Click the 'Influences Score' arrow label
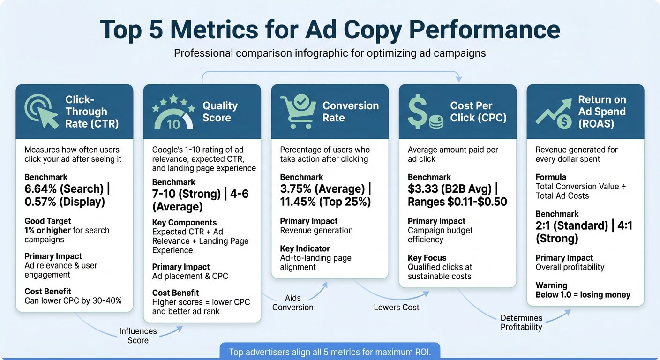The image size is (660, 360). (x=138, y=336)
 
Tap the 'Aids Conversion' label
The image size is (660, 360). (x=293, y=303)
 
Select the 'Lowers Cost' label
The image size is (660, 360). (x=397, y=307)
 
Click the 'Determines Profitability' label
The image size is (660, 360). (x=521, y=322)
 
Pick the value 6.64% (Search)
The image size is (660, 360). (x=64, y=189)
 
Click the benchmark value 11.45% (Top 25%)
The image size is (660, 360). (x=325, y=202)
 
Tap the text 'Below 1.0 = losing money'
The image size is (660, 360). (x=583, y=295)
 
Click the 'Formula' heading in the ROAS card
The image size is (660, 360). (x=551, y=177)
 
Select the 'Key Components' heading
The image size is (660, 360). (x=184, y=223)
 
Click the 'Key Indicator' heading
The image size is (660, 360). (x=305, y=248)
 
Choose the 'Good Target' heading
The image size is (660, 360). (x=47, y=221)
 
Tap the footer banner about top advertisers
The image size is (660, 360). (x=330, y=352)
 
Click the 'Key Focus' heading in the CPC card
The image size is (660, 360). (x=427, y=258)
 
